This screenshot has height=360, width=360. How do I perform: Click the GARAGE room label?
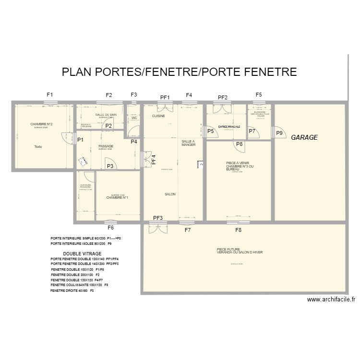[x=304, y=137]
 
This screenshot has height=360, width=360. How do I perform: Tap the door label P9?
[x=279, y=134]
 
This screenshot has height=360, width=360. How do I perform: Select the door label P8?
[x=240, y=144]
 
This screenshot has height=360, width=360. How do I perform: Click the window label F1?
[x=50, y=95]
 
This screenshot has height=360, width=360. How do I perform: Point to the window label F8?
[x=239, y=230]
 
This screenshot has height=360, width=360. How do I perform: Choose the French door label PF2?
[x=222, y=97]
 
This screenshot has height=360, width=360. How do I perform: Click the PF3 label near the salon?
[x=158, y=218]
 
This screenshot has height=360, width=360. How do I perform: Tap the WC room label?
[x=134, y=118]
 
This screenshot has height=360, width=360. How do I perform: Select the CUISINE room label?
[x=159, y=116]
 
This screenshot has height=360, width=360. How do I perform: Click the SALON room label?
[x=170, y=194]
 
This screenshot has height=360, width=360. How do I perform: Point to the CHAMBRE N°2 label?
[x=41, y=124]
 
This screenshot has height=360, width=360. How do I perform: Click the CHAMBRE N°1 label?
[x=117, y=197]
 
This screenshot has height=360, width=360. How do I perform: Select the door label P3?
[x=110, y=166]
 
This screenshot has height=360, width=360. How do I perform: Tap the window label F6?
[x=110, y=228]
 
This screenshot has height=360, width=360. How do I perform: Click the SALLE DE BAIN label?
[x=106, y=115]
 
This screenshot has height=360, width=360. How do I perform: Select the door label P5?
[x=210, y=131]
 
